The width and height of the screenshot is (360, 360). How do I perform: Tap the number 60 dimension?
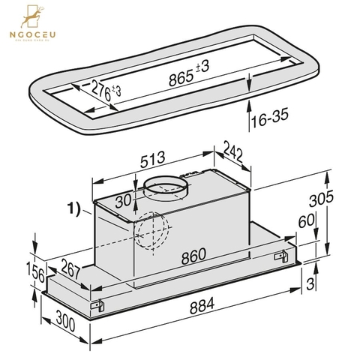pyautogui.click(x=306, y=222)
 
